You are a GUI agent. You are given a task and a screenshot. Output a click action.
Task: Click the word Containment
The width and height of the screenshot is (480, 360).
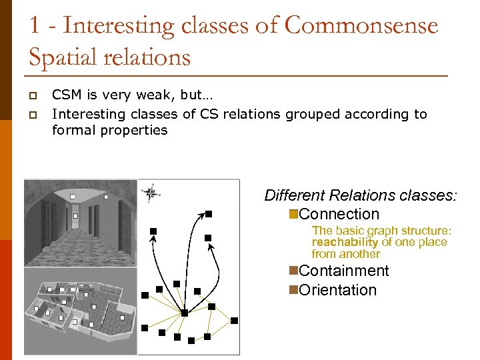(343, 271)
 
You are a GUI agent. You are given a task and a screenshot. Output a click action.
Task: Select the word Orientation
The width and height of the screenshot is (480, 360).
(338, 290)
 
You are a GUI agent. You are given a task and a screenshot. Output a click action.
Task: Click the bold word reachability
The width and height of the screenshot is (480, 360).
(345, 242)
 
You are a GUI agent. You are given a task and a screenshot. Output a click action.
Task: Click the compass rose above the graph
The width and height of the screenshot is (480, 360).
(151, 193)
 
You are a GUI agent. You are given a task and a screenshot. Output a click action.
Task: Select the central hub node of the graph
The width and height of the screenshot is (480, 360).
(184, 313)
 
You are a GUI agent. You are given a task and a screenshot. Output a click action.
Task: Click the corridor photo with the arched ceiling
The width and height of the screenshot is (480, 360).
(80, 223)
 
